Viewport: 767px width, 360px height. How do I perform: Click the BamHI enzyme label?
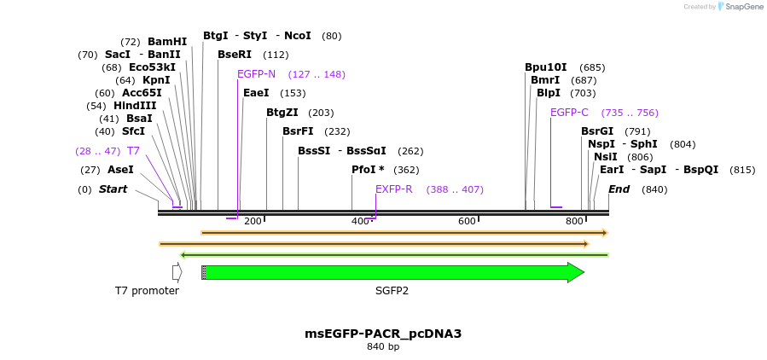click(x=166, y=42)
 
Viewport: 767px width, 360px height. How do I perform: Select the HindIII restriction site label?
click(x=135, y=106)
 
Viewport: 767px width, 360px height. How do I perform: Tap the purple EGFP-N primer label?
click(x=256, y=74)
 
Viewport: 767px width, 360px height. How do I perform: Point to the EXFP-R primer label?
click(x=393, y=189)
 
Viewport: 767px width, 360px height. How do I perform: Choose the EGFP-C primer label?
click(x=569, y=113)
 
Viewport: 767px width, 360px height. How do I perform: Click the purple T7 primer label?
click(x=133, y=151)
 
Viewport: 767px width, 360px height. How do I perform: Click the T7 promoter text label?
click(x=147, y=291)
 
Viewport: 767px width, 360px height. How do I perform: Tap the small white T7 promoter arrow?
click(x=177, y=272)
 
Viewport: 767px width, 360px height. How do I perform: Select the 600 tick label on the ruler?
click(x=467, y=222)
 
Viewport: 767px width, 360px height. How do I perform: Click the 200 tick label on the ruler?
click(x=253, y=222)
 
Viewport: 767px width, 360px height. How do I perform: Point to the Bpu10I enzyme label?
click(x=546, y=67)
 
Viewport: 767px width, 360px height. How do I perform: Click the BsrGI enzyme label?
click(x=597, y=131)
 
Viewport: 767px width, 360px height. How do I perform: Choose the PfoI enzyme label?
click(x=368, y=170)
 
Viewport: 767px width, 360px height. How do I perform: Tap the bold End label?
click(x=619, y=189)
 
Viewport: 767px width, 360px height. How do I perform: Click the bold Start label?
click(x=113, y=189)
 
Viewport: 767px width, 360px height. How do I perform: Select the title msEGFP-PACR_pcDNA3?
click(x=383, y=334)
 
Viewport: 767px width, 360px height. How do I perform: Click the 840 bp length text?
click(x=383, y=347)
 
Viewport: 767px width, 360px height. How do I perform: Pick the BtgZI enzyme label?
click(x=282, y=113)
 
